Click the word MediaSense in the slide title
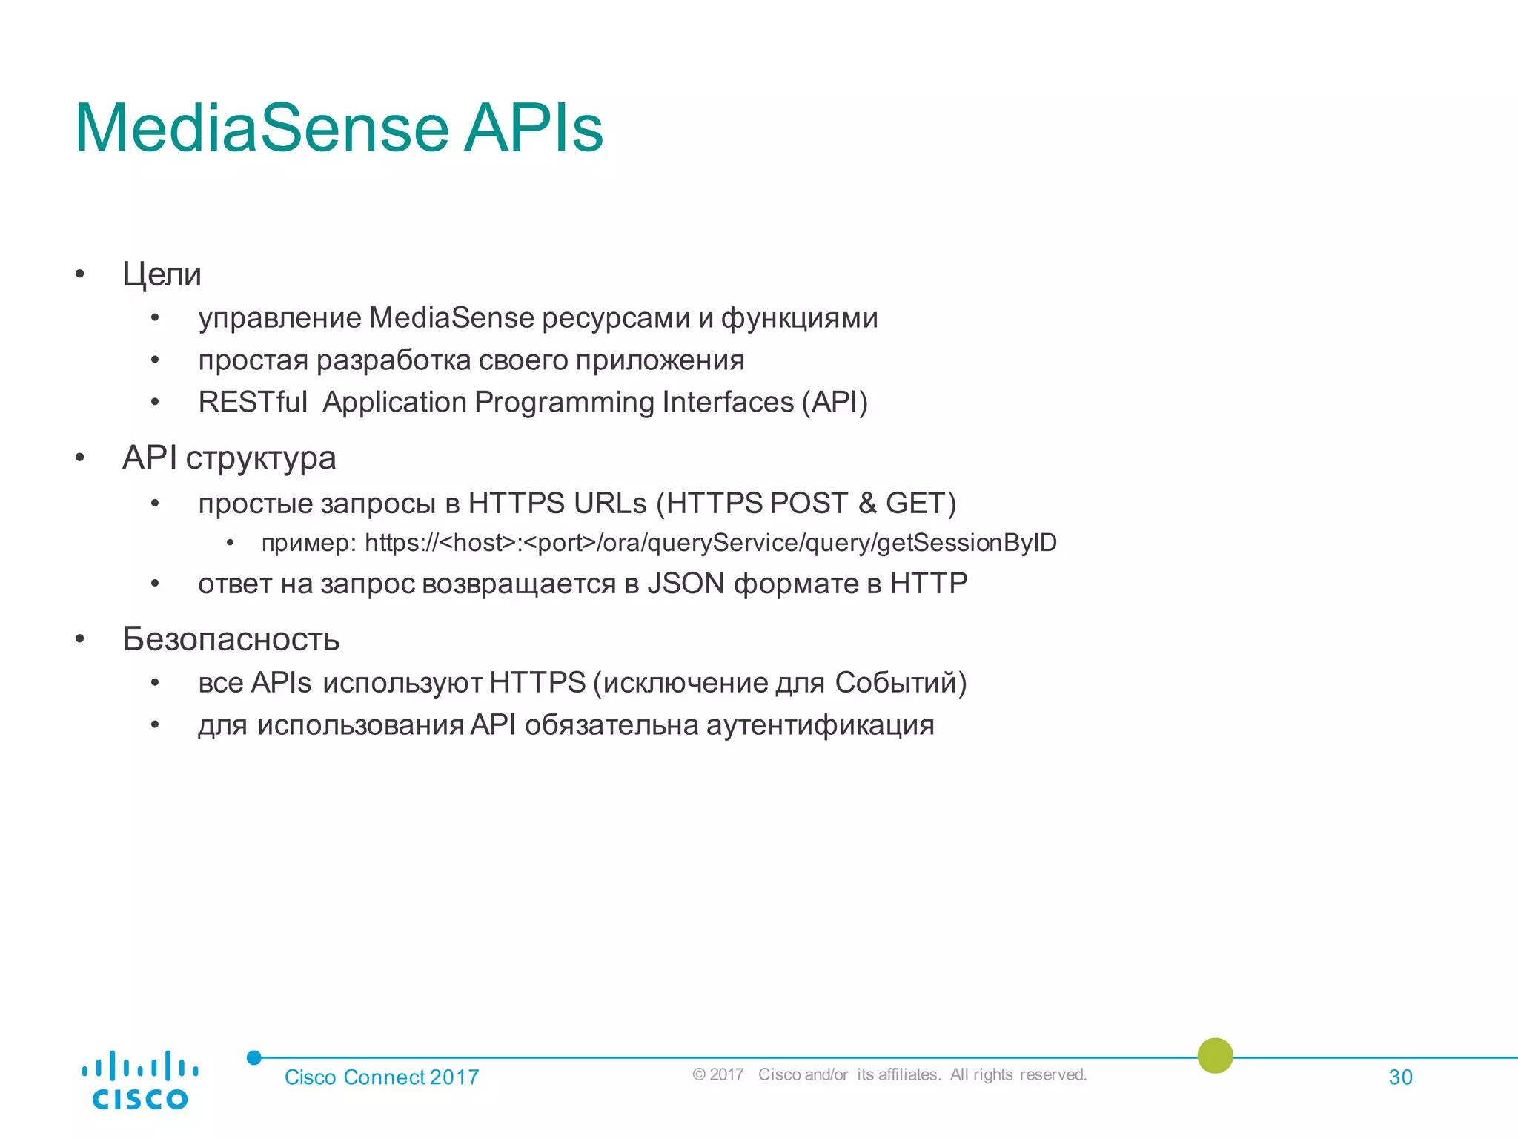point(262,128)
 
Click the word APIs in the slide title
point(534,128)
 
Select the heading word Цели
point(162,274)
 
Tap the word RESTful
point(252,403)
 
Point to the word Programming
point(563,403)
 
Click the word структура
point(261,458)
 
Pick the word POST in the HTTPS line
point(808,504)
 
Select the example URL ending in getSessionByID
point(710,543)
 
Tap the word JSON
point(686,584)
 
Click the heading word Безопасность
point(231,639)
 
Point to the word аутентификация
point(820,724)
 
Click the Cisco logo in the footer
point(139,1080)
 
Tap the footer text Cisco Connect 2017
point(382,1077)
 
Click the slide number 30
point(1400,1077)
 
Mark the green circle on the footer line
point(1215,1055)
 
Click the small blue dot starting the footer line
point(254,1057)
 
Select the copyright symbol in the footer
point(699,1074)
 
